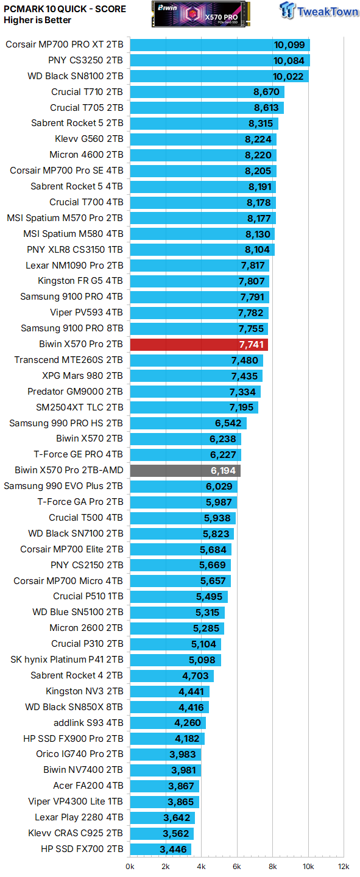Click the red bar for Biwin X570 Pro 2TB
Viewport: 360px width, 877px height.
point(199,345)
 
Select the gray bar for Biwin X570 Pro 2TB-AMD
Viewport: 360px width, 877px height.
point(185,470)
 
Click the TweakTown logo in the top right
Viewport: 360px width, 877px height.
point(319,11)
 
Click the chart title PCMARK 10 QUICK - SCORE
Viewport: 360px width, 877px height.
point(65,9)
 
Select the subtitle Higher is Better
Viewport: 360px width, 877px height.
point(37,20)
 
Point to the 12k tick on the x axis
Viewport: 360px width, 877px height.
point(344,867)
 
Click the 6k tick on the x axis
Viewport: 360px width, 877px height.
point(237,867)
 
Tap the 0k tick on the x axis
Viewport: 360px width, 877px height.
point(130,867)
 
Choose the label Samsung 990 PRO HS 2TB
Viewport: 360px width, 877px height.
point(66,423)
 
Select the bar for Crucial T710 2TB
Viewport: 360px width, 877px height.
point(207,92)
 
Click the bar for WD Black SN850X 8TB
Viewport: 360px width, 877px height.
point(169,707)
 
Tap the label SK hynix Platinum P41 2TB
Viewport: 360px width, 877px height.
point(67,660)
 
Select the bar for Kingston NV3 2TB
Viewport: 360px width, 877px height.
point(169,691)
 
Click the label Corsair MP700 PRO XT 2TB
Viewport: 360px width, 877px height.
point(65,44)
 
